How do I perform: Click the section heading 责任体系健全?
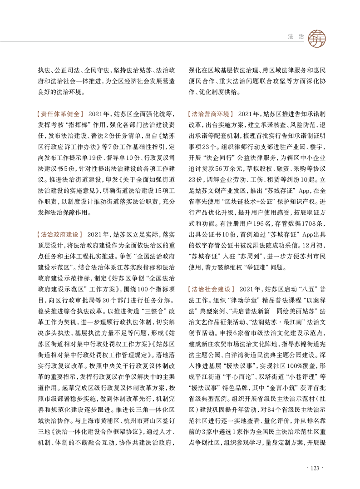coord(59,113)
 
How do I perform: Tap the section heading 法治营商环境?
coord(210,113)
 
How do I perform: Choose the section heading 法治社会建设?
coord(210,289)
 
